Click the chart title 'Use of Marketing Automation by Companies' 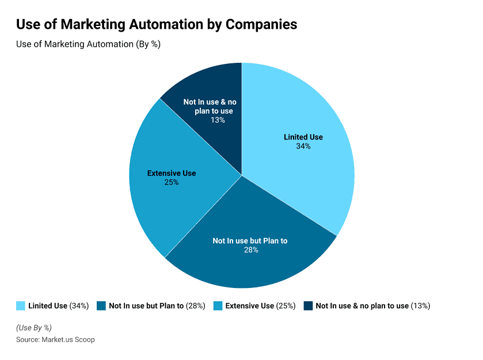157,25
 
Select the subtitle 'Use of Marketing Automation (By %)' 88,44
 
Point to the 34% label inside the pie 303,146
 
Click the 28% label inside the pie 250,250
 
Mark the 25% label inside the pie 172,182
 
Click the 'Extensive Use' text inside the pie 172,173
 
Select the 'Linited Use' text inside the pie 303,137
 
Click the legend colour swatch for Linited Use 21,306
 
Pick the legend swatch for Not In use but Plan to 101,306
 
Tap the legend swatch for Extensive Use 218,306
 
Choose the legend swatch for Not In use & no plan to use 308,306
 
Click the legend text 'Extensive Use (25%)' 260,306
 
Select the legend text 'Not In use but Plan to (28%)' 157,306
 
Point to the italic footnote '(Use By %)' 34,328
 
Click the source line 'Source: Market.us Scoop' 55,339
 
